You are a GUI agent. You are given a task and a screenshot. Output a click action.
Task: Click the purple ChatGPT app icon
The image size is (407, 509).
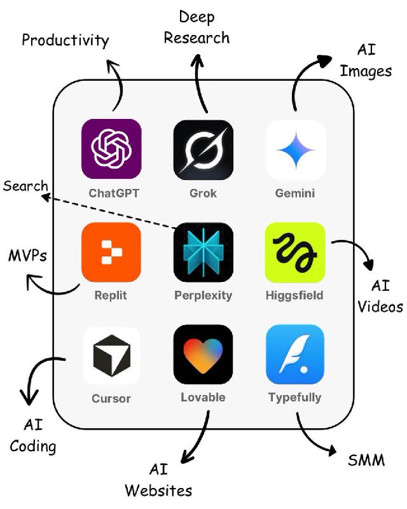[111, 149]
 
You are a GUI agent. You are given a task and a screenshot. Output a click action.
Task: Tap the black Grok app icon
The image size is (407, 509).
[203, 149]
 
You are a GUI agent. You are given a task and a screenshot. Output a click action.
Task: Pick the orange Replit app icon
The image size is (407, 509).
[111, 252]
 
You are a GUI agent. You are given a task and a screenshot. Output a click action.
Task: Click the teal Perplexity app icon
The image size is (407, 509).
[203, 252]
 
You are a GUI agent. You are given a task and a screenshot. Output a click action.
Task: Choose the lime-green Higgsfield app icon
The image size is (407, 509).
[295, 252]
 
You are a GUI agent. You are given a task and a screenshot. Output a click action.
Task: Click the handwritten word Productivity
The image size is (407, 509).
[65, 41]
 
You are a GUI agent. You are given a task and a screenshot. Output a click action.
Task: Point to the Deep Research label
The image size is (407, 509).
[197, 27]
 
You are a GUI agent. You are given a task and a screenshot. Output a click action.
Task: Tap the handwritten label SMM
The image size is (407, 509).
[366, 459]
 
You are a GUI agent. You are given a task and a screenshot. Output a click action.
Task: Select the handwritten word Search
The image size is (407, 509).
[25, 186]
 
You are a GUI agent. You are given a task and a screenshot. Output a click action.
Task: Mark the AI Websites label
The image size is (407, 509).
[158, 480]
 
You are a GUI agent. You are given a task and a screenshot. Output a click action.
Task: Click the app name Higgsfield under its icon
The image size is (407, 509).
[295, 295]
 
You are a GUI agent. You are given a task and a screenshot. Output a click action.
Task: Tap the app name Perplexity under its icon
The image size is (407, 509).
[203, 295]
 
